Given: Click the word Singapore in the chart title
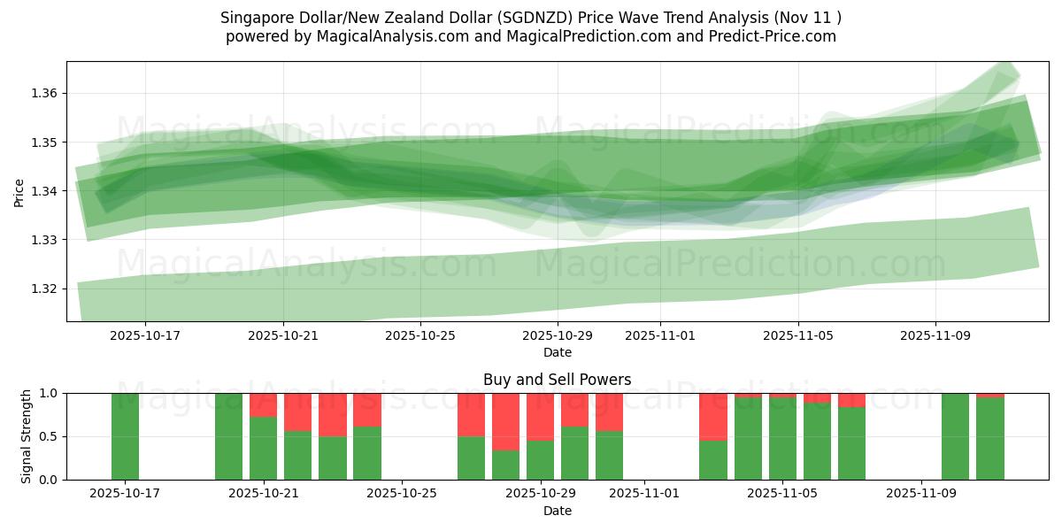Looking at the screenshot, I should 254,17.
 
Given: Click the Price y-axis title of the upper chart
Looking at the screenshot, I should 19,192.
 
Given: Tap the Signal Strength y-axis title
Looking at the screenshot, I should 27,435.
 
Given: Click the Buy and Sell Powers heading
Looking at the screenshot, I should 557,380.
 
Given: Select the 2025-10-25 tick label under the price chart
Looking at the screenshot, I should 421,335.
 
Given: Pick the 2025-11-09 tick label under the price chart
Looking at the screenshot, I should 935,335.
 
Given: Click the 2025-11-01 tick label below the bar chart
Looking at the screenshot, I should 643,493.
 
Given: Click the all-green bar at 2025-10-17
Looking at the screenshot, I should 125,436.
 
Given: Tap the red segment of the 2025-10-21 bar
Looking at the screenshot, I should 263,404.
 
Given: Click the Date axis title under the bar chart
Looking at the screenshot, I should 557,511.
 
